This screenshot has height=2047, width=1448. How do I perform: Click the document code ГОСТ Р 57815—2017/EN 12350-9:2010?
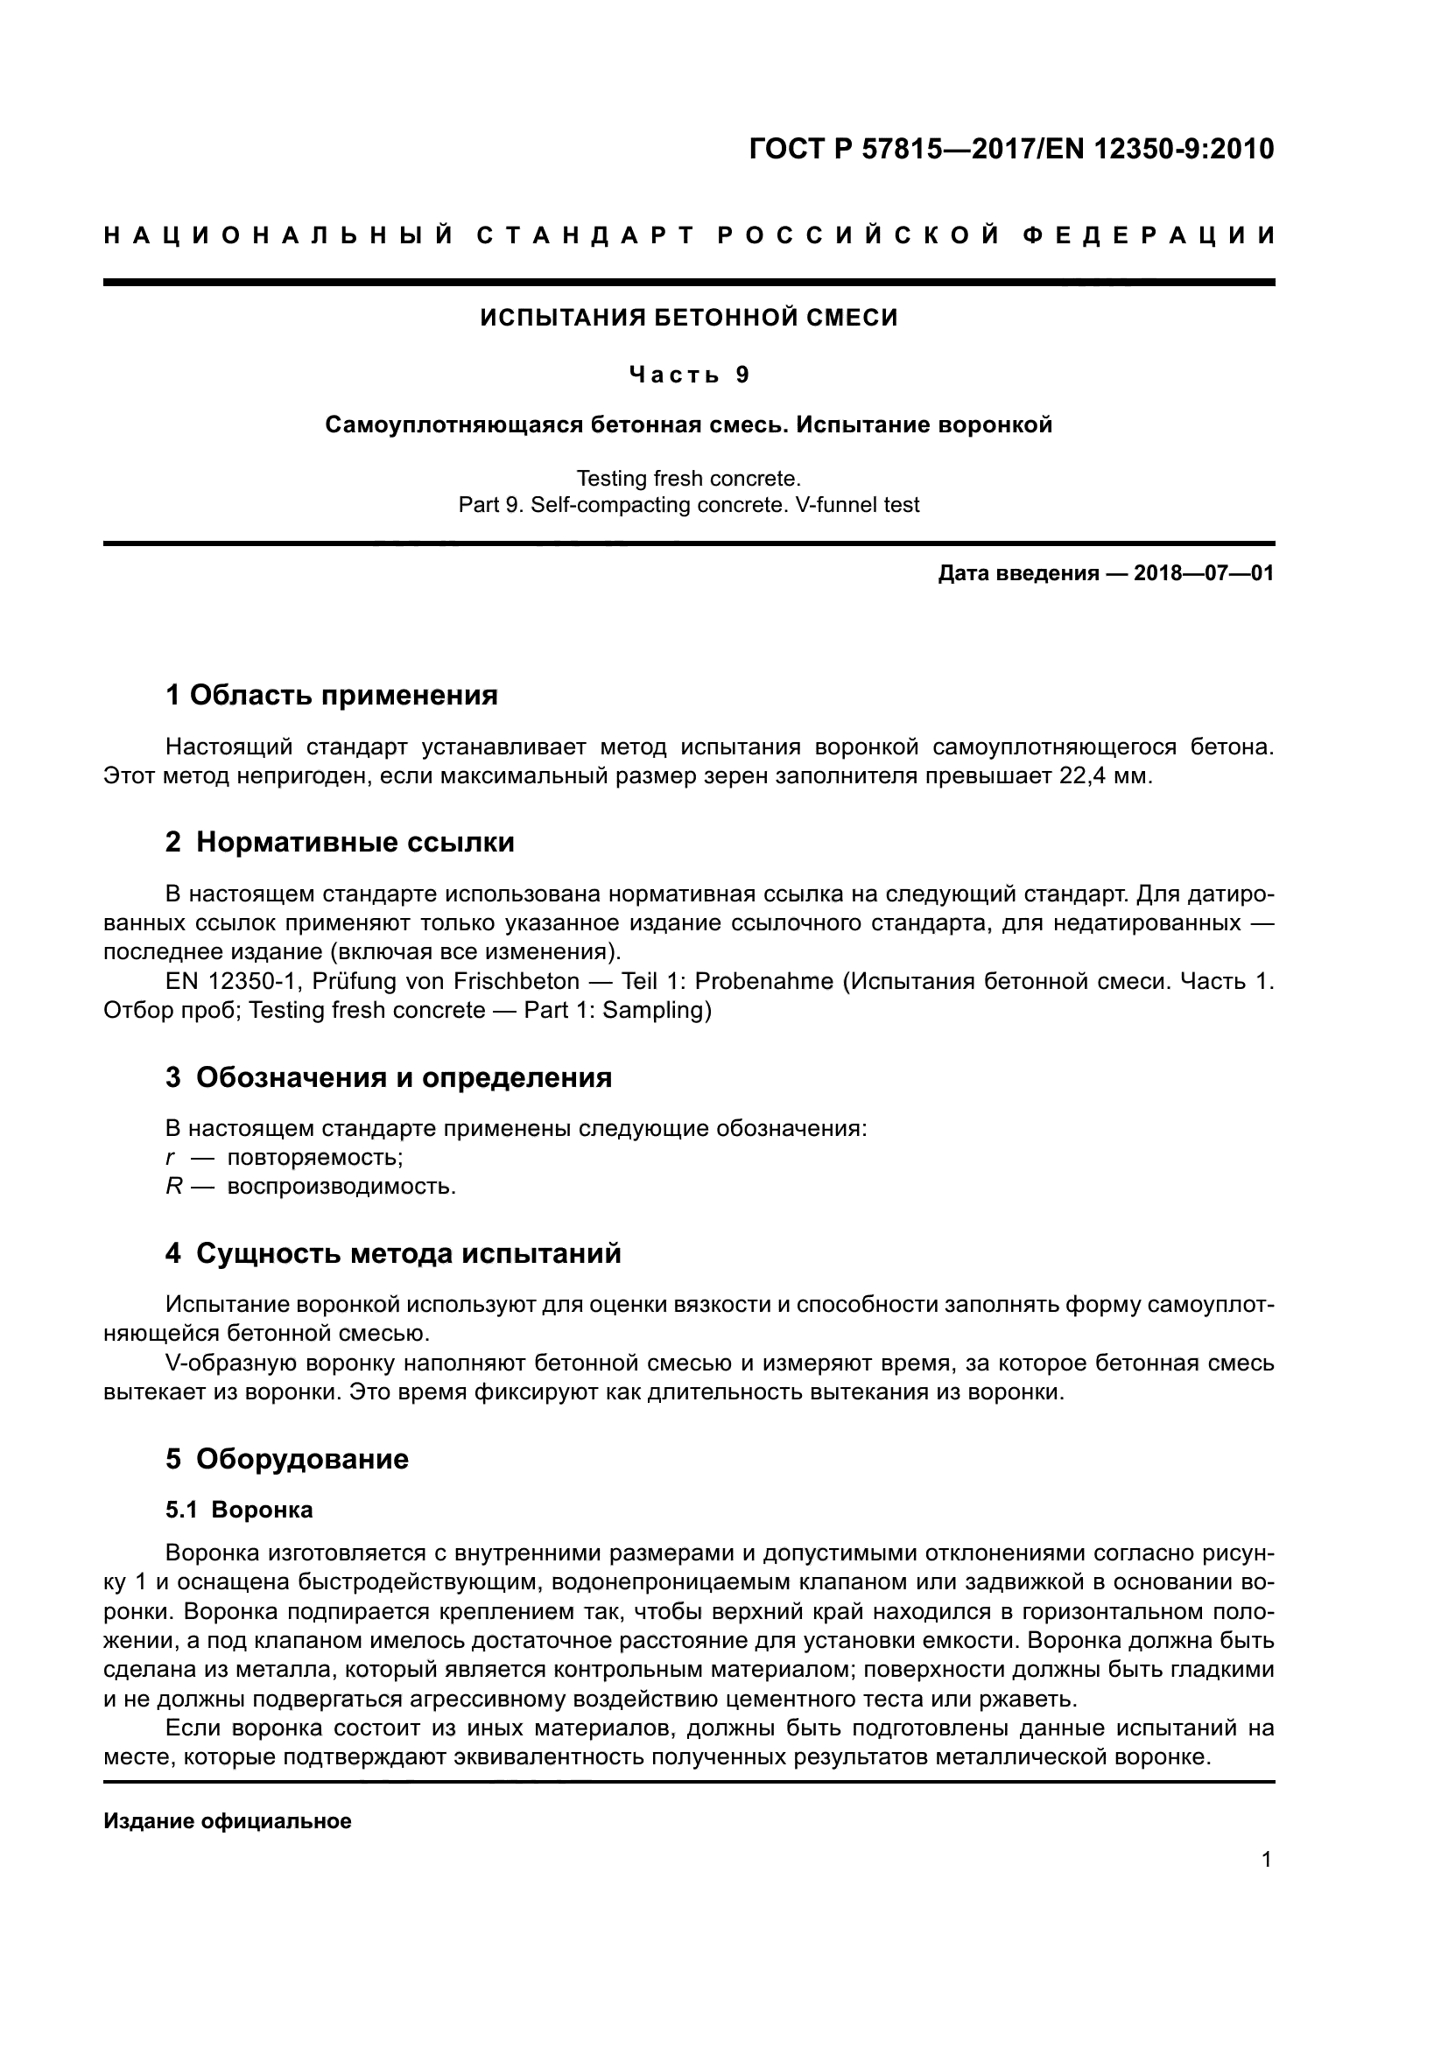pos(1011,149)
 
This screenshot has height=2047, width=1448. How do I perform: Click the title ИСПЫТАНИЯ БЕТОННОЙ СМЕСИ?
pos(688,318)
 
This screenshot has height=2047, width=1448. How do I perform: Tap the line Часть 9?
pos(688,375)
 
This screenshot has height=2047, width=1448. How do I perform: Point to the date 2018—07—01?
pos(1204,573)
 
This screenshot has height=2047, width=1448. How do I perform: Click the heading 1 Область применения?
pos(331,695)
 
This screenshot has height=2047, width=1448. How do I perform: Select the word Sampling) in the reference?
pos(657,1010)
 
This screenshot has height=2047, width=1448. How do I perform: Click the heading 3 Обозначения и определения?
pos(388,1077)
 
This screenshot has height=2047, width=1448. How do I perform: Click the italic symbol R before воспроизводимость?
pos(174,1187)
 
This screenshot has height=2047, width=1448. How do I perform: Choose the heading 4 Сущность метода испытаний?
pos(392,1253)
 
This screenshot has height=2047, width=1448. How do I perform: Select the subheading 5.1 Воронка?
pos(239,1511)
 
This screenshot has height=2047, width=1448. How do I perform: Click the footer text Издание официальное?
pos(228,1821)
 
